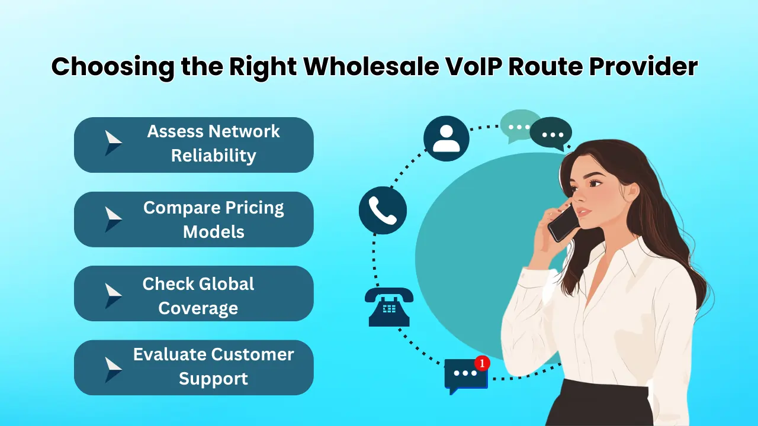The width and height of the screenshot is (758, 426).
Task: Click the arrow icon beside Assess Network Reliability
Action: pos(113,143)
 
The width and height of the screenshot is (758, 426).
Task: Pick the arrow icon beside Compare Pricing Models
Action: pos(113,219)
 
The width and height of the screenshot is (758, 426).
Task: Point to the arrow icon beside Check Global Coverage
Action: pos(113,295)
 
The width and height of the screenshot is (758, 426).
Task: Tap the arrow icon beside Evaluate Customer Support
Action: pos(113,369)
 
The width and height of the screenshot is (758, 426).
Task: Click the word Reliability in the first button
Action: pos(213,156)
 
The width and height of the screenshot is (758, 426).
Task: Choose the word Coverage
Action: pos(198,308)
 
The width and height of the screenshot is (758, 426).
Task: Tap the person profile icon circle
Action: pos(446,138)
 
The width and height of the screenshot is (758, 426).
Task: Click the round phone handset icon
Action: pos(383,211)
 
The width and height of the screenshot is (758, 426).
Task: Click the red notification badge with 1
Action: pos(482,363)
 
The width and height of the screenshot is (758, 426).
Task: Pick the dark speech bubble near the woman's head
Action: pos(551,133)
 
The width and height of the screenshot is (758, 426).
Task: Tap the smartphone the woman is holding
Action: pos(562,221)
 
